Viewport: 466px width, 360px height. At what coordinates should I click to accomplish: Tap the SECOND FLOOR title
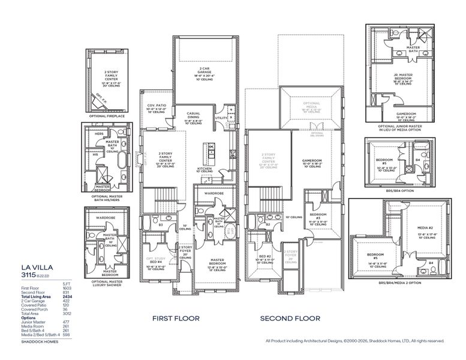pos(290,318)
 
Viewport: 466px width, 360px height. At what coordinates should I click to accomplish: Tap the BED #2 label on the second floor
pos(265,257)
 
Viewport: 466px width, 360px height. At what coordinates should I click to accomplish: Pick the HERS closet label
pos(99,134)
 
